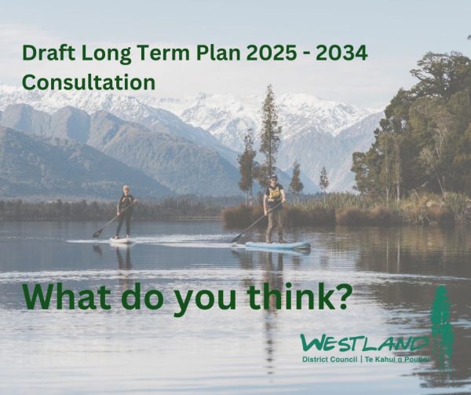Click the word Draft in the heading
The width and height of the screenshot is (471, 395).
(x=46, y=54)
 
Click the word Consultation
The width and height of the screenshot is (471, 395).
(x=88, y=82)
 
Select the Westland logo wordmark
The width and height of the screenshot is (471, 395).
(x=364, y=343)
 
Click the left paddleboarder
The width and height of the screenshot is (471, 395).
(x=125, y=210)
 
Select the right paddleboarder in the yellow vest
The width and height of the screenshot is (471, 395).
(x=274, y=208)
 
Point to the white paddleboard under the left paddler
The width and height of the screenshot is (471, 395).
(x=121, y=241)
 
